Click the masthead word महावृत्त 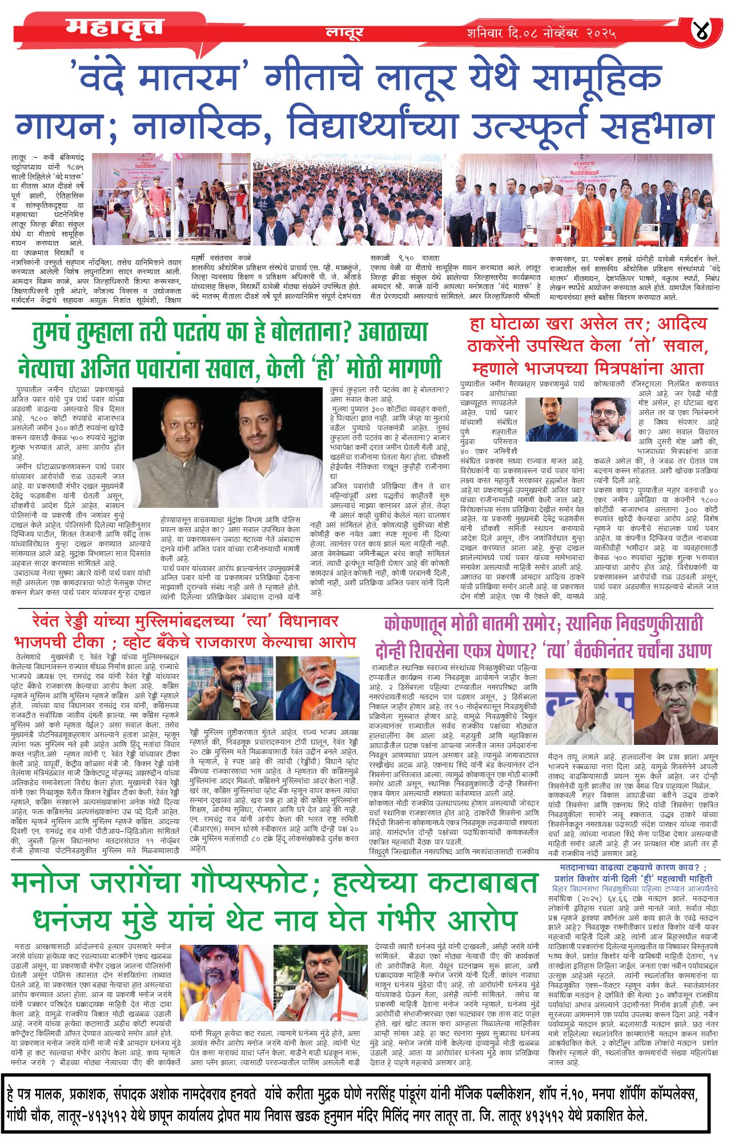(114, 27)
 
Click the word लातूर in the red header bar (344, 33)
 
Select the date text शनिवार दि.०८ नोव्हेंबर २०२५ (540, 33)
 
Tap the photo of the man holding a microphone (230, 688)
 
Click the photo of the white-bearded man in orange (317, 688)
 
